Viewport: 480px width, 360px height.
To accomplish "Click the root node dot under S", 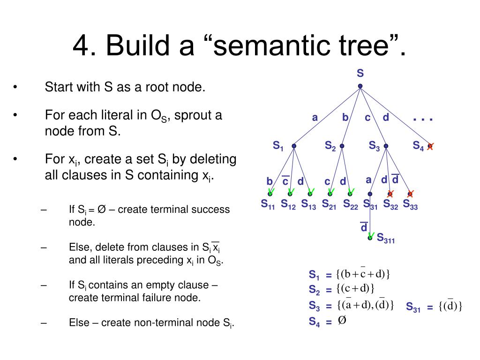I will (360, 86).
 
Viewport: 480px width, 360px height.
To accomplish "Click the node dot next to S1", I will (294, 146).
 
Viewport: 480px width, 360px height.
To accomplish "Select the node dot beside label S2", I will (342, 146).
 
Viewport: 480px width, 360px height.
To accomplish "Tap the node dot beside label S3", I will (386, 146).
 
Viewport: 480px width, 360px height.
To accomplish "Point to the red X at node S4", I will (430, 146).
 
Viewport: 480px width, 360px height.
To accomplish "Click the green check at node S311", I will (371, 236).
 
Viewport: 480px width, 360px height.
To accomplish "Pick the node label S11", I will (268, 204).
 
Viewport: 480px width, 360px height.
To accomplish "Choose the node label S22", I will (350, 204).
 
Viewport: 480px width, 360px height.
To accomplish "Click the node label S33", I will (410, 204).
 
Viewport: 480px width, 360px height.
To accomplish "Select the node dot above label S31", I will (370, 194).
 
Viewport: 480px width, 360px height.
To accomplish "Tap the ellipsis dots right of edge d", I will (423, 120).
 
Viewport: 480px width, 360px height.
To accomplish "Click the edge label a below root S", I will (315, 118).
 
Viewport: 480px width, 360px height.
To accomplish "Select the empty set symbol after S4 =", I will (342, 321).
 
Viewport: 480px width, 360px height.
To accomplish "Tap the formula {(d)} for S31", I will (450, 307).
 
